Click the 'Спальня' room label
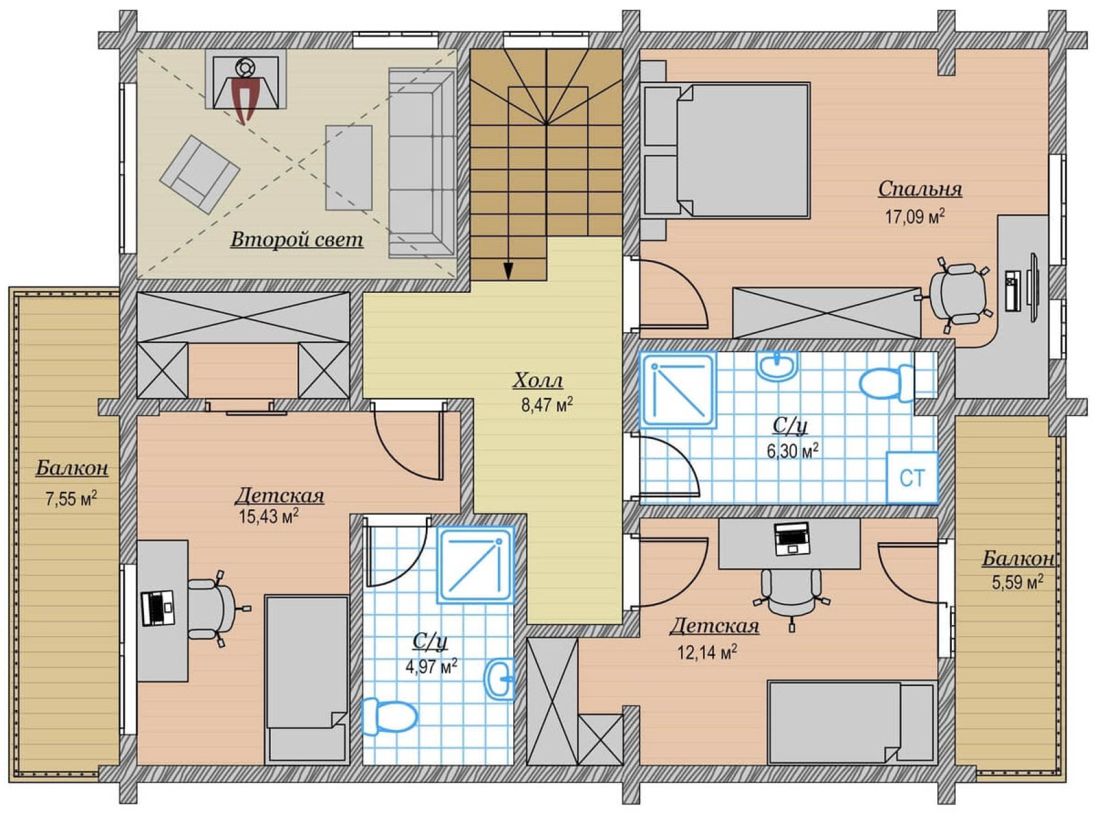tap(920, 189)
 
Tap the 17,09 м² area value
tap(915, 216)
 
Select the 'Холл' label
tap(538, 380)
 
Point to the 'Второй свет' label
tap(297, 239)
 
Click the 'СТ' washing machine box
tap(912, 478)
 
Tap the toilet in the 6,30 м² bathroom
tap(887, 383)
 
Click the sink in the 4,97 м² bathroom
tap(500, 679)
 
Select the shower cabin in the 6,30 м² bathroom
tap(678, 389)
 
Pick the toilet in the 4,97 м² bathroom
tap(389, 716)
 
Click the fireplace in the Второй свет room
tap(246, 83)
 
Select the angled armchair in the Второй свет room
tap(200, 174)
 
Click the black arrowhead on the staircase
tap(508, 271)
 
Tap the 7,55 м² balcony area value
tap(71, 499)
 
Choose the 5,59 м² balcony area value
tap(1017, 583)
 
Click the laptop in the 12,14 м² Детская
tap(792, 538)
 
